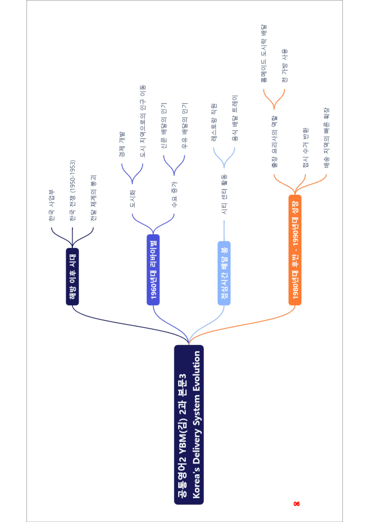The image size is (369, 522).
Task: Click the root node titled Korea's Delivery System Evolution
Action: (x=189, y=425)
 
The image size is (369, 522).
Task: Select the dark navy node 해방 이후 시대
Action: (x=72, y=276)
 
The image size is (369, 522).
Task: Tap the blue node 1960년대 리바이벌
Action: (x=153, y=270)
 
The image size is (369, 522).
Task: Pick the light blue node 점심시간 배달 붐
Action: (x=224, y=273)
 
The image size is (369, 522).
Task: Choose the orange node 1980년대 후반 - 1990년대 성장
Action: (x=295, y=250)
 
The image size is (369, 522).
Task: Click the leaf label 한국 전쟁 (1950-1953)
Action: (x=73, y=190)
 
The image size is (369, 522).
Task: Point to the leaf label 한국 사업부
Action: (x=52, y=205)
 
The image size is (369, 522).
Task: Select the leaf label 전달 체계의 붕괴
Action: (x=93, y=198)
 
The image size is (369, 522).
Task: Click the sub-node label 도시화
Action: (x=133, y=199)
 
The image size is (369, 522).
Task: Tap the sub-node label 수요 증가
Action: (x=174, y=195)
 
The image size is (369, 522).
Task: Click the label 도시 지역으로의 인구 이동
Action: (x=143, y=121)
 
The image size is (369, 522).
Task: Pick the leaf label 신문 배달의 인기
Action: (x=164, y=126)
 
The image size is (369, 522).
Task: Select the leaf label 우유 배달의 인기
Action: (x=185, y=126)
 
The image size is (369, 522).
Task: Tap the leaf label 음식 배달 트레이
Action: (x=235, y=118)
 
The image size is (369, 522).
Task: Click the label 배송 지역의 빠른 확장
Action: (x=327, y=138)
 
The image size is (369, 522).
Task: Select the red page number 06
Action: (x=297, y=504)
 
